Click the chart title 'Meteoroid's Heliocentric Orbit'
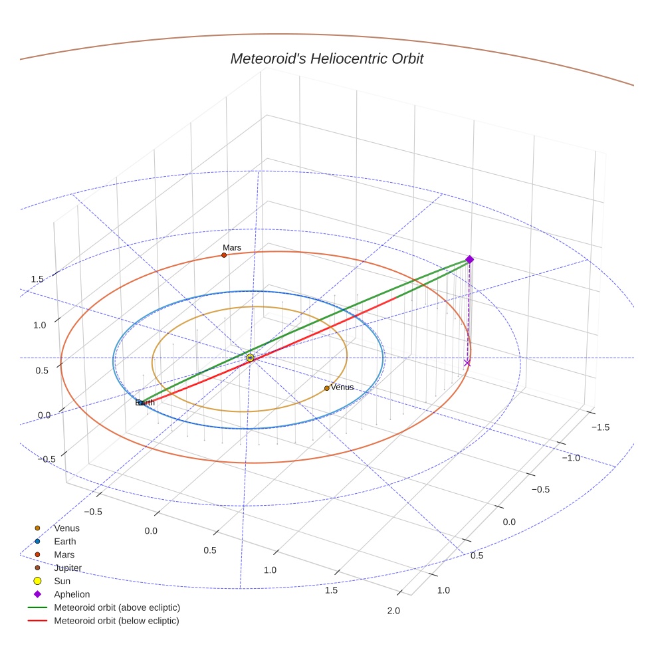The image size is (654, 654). (x=326, y=59)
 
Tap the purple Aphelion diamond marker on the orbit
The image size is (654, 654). (x=469, y=259)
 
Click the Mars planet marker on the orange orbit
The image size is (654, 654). (x=224, y=255)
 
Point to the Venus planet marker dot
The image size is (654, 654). (x=326, y=388)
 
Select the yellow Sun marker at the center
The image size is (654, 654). (x=250, y=358)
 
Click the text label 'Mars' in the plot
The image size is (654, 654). (x=232, y=248)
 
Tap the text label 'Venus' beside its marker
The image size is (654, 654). (x=342, y=387)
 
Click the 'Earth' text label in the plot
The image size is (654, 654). (x=145, y=403)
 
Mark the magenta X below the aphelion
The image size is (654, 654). (x=467, y=362)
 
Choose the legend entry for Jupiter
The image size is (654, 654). (x=68, y=568)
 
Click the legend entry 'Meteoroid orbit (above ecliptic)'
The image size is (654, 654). (x=117, y=607)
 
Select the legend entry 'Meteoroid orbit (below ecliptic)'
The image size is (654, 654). (x=116, y=621)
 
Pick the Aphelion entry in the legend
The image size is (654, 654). (x=72, y=594)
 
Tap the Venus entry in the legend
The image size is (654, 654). (x=66, y=528)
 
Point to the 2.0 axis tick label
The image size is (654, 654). (x=393, y=611)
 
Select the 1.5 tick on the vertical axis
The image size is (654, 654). (x=37, y=279)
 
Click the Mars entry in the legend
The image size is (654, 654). (x=64, y=555)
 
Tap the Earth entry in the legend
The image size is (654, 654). (x=64, y=542)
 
